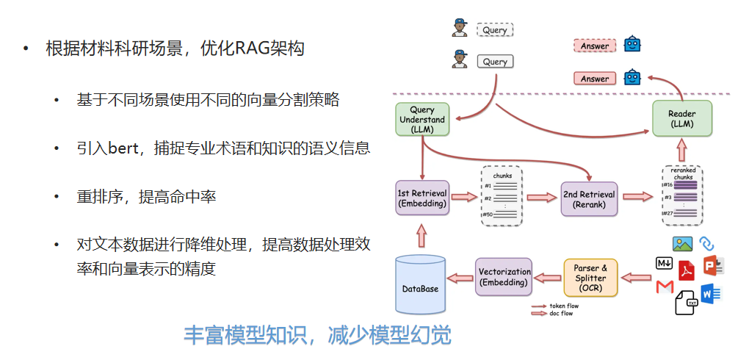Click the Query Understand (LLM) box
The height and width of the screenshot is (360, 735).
tap(422, 119)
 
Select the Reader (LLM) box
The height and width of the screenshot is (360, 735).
tap(682, 119)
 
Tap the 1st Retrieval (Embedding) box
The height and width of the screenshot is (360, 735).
tap(422, 198)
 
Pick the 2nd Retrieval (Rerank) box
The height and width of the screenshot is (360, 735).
tap(590, 198)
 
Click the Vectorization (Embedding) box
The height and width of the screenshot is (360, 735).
tap(504, 276)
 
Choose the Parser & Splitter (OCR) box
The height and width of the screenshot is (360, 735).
tap(591, 277)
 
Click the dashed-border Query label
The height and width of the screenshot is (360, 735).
tap(495, 30)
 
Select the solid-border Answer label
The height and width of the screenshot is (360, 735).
tap(595, 79)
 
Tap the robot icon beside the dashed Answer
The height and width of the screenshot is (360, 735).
tap(632, 45)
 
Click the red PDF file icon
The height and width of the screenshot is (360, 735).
tap(687, 270)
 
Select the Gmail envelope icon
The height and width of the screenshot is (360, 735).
tap(665, 287)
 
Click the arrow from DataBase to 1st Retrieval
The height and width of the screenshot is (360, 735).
tap(421, 235)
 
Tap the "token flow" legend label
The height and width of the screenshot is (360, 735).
tap(564, 306)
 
